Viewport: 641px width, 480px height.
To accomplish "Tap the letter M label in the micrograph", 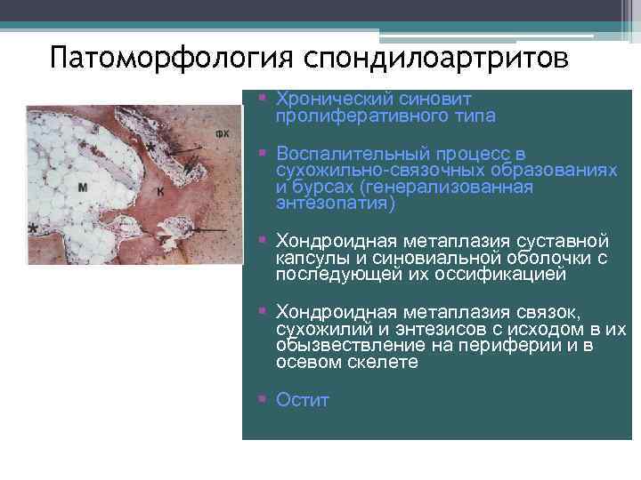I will (x=82, y=187).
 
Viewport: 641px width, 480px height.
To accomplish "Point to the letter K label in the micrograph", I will (x=160, y=191).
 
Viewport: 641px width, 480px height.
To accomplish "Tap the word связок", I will (x=548, y=312).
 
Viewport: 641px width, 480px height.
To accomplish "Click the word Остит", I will (x=303, y=400).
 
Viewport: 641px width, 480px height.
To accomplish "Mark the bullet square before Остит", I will (x=263, y=400).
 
